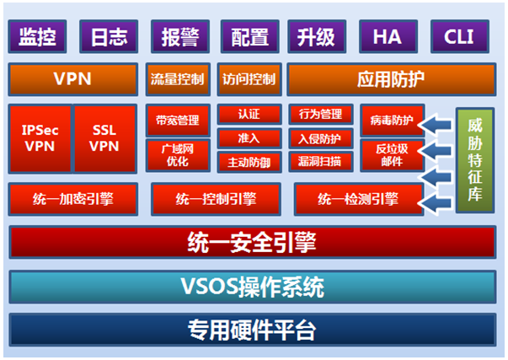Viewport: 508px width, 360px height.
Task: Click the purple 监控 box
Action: point(37,36)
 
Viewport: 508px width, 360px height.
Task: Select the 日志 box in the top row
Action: point(109,36)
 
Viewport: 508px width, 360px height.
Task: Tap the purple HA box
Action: point(388,36)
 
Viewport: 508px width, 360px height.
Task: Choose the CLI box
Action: point(460,36)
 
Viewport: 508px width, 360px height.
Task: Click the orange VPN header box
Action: point(73,79)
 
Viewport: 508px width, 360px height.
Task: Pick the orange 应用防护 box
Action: point(392,79)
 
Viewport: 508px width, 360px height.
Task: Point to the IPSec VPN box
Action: point(40,138)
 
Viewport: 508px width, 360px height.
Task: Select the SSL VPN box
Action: point(105,138)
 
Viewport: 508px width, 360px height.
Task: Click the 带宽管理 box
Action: point(178,120)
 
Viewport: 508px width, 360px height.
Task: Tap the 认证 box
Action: point(249,114)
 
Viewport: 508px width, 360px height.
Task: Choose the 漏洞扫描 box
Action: point(320,162)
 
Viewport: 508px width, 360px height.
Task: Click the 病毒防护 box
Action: point(392,120)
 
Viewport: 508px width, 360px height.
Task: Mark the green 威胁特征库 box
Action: point(475,160)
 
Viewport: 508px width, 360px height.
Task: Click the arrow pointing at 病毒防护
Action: point(435,124)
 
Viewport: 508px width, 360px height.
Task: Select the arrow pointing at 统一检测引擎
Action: point(435,203)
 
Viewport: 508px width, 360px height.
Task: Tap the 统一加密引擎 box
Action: point(73,199)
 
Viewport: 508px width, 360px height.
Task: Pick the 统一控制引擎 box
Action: point(216,199)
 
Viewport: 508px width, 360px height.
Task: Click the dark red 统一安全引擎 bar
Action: point(253,242)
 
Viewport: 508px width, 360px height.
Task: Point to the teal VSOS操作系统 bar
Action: point(253,287)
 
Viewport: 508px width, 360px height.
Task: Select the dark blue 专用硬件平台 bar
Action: point(253,330)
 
